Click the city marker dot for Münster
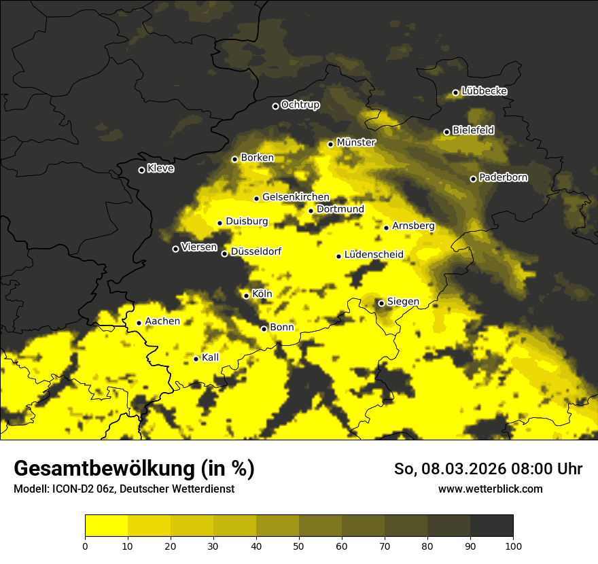coord(331,144)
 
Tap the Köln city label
coord(262,294)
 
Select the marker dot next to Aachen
coord(139,323)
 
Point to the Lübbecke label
coord(484,91)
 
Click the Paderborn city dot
coord(474,179)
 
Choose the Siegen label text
coord(403,302)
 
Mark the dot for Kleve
coord(141,170)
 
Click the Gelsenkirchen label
coord(296,197)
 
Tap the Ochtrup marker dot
coord(275,106)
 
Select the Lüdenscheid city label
coord(374,255)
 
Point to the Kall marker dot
coord(196,359)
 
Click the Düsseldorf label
coord(256,252)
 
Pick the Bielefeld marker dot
coord(446,132)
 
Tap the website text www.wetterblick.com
coord(490,489)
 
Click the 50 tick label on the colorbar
coord(299,546)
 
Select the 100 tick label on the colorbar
coord(512,546)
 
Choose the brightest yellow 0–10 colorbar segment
coord(106,526)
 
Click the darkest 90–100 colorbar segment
coord(491,526)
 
